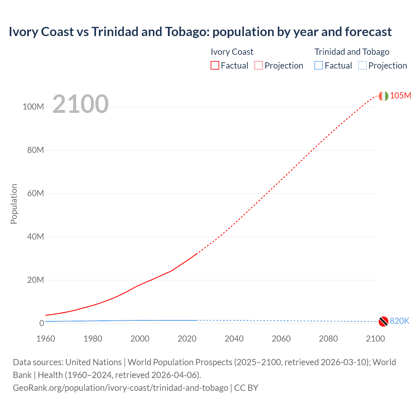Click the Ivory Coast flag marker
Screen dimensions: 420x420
coord(383,96)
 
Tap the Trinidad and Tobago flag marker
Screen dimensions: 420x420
coord(383,321)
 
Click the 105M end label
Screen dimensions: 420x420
coord(400,95)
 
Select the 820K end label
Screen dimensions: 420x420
coord(399,321)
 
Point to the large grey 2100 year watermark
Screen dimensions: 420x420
coord(80,104)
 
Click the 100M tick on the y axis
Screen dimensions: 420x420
coord(33,107)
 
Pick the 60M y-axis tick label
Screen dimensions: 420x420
coord(35,193)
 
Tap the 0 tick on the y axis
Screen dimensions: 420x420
coord(41,323)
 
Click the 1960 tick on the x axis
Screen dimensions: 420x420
coord(46,339)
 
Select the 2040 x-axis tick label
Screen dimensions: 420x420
coord(234,339)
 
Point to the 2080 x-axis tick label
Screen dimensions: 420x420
coord(328,339)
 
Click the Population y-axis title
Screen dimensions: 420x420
coord(14,204)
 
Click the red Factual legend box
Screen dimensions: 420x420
coord(215,65)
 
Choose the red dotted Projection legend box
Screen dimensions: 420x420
coord(259,65)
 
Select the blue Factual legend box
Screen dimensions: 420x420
coord(319,65)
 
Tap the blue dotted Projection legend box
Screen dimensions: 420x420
coord(363,65)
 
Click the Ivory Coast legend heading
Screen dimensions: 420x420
coord(232,52)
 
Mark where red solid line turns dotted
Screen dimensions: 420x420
coord(197,253)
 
